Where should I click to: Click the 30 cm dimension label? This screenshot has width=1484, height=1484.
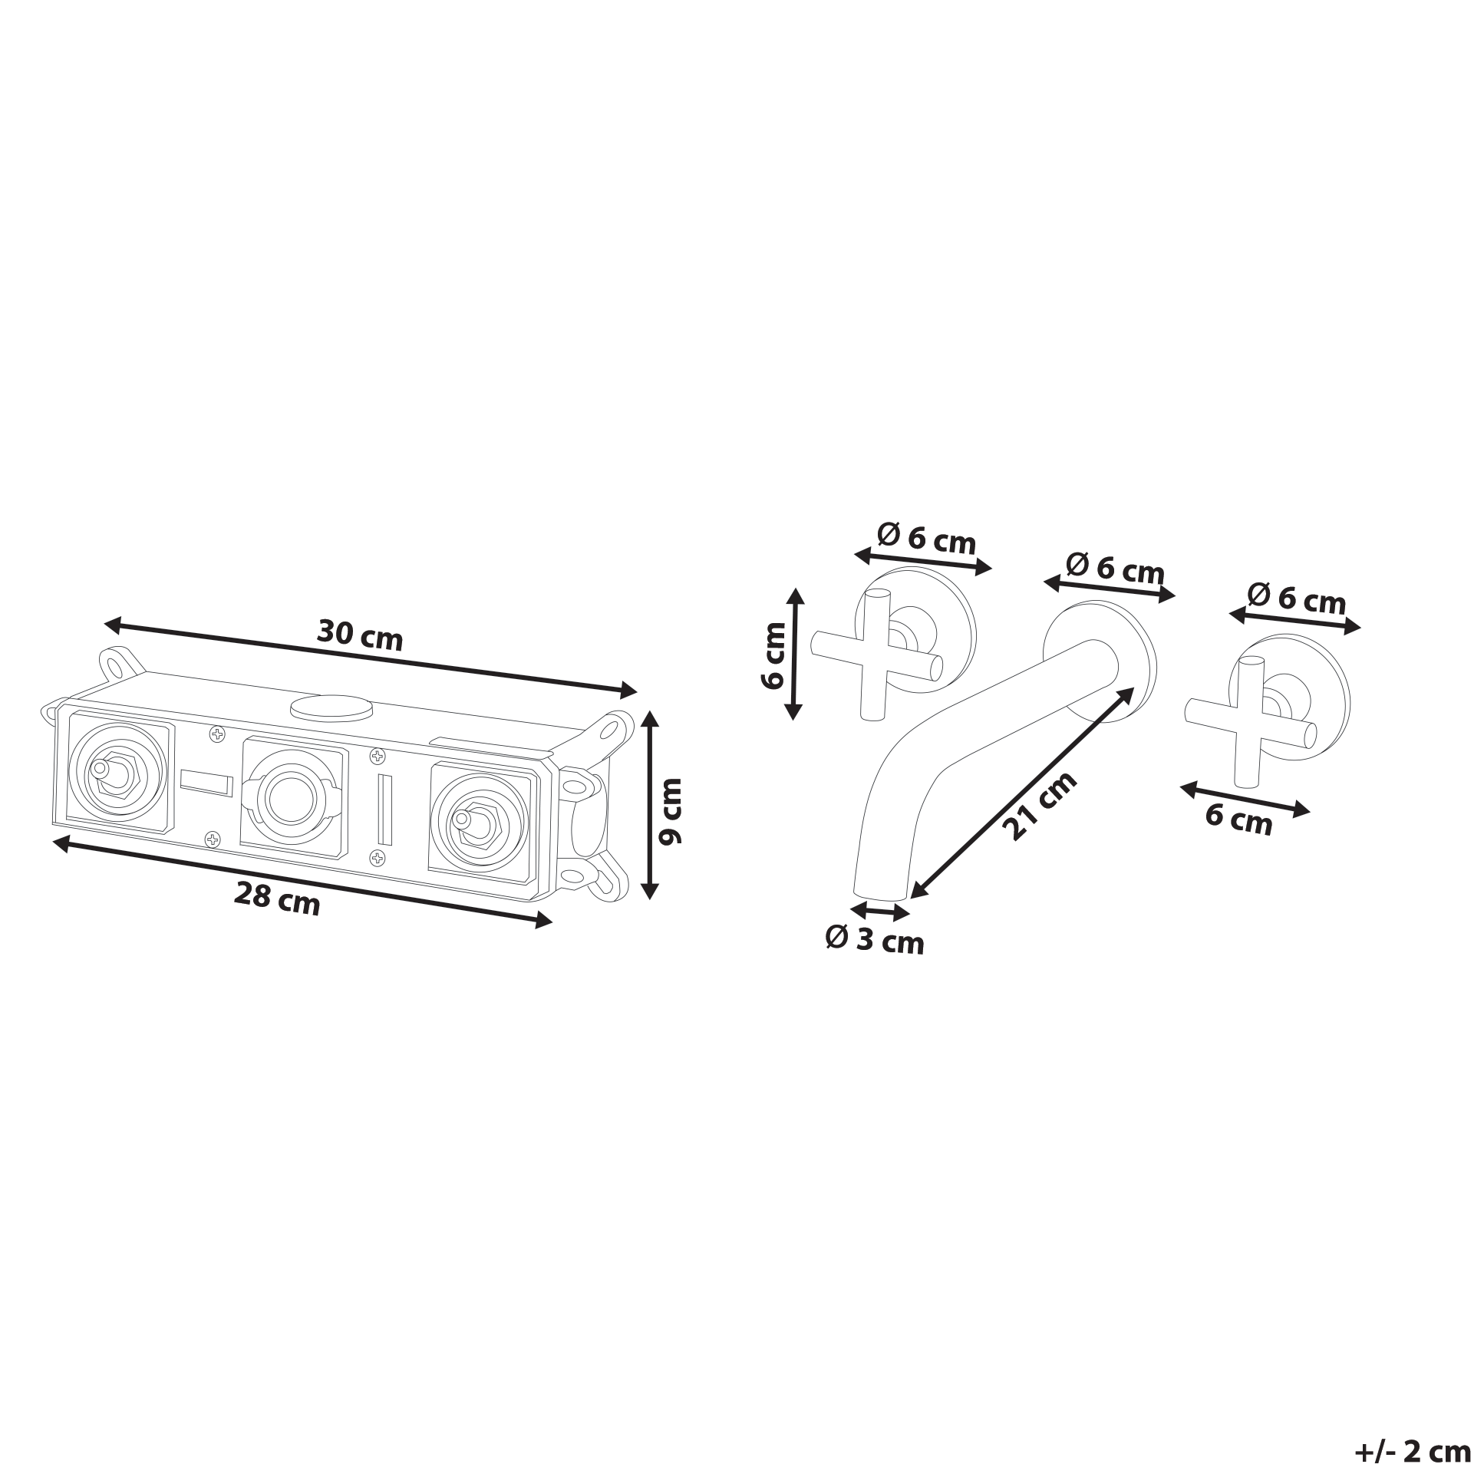click(x=359, y=635)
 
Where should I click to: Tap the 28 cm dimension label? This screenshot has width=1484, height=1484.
click(x=276, y=898)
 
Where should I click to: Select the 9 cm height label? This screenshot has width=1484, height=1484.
click(x=671, y=811)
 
